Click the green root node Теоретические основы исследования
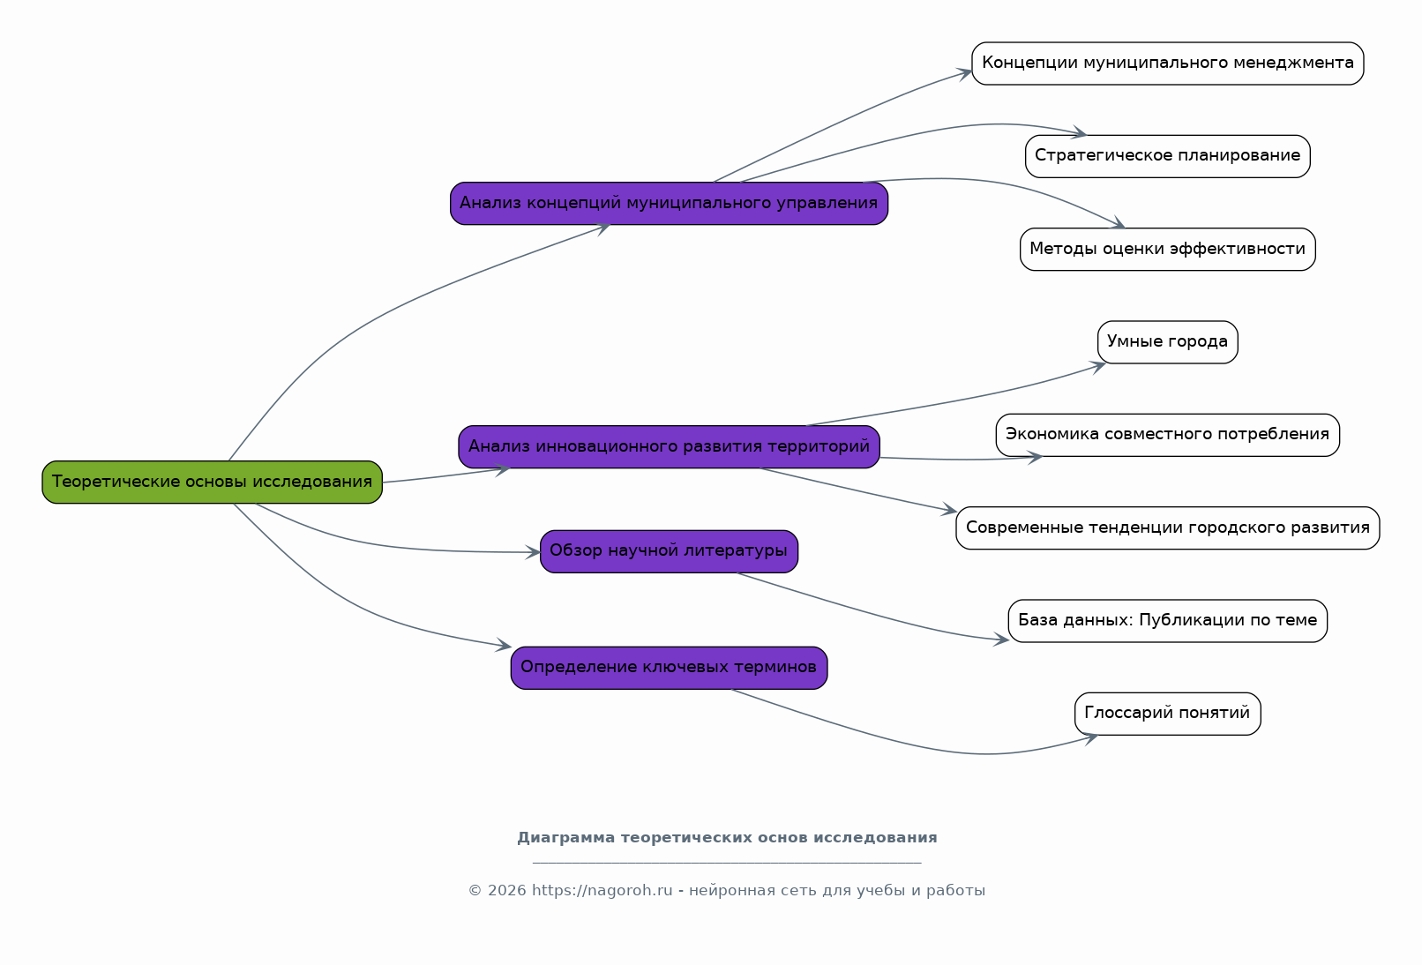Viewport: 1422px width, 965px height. tap(212, 482)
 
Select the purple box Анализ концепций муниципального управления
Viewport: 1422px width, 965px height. tap(670, 203)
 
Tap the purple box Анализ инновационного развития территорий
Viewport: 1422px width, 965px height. tap(670, 447)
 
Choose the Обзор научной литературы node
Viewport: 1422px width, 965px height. tap(670, 551)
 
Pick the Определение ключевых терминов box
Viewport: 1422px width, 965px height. tap(670, 668)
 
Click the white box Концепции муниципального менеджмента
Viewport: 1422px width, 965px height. tap(1167, 64)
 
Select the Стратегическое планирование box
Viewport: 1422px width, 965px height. tap(1167, 156)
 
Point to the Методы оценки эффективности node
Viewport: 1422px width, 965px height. tap(1167, 250)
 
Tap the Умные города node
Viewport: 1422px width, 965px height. tap(1167, 342)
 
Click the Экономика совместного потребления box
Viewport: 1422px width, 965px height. tap(1167, 435)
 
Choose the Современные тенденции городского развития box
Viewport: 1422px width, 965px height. tap(1167, 527)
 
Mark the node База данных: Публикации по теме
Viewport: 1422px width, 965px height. tap(1167, 621)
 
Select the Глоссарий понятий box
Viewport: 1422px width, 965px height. tap(1167, 714)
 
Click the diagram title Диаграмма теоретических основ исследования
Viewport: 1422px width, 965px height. tap(727, 837)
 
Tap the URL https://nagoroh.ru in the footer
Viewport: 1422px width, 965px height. tap(602, 890)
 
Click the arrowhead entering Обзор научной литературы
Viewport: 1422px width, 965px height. tap(533, 552)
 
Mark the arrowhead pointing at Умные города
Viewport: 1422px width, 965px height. tap(1098, 366)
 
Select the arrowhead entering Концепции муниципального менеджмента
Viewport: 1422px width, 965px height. tap(965, 74)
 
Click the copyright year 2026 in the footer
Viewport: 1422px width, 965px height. tap(506, 890)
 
